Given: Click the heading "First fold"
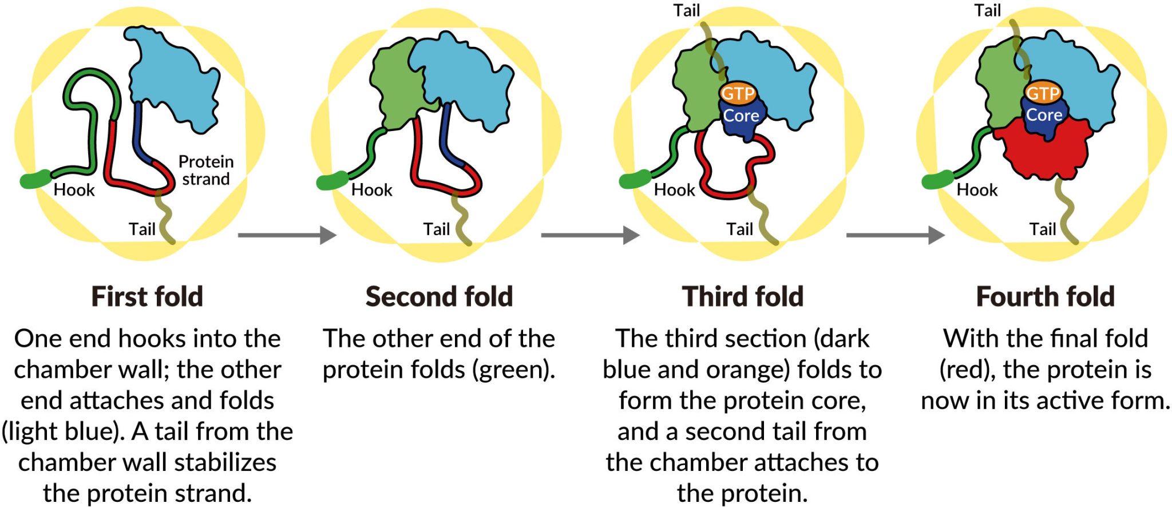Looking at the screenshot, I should (147, 297).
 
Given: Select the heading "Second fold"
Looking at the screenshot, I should (439, 297).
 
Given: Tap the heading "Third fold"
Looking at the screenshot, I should (742, 297).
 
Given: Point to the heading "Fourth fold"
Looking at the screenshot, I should (1045, 297).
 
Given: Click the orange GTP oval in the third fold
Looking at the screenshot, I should (738, 93).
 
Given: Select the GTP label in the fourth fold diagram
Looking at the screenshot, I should (1043, 93).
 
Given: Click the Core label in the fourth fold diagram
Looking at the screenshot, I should (1044, 115).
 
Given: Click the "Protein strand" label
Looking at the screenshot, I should (206, 170).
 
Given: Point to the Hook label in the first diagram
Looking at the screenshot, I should (74, 190).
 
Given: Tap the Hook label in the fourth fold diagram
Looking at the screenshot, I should (977, 190).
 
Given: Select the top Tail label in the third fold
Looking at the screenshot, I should (686, 10).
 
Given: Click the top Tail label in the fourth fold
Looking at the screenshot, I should (988, 10).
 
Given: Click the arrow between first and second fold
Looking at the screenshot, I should (287, 235).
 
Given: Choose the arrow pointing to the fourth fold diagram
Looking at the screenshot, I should (895, 235).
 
